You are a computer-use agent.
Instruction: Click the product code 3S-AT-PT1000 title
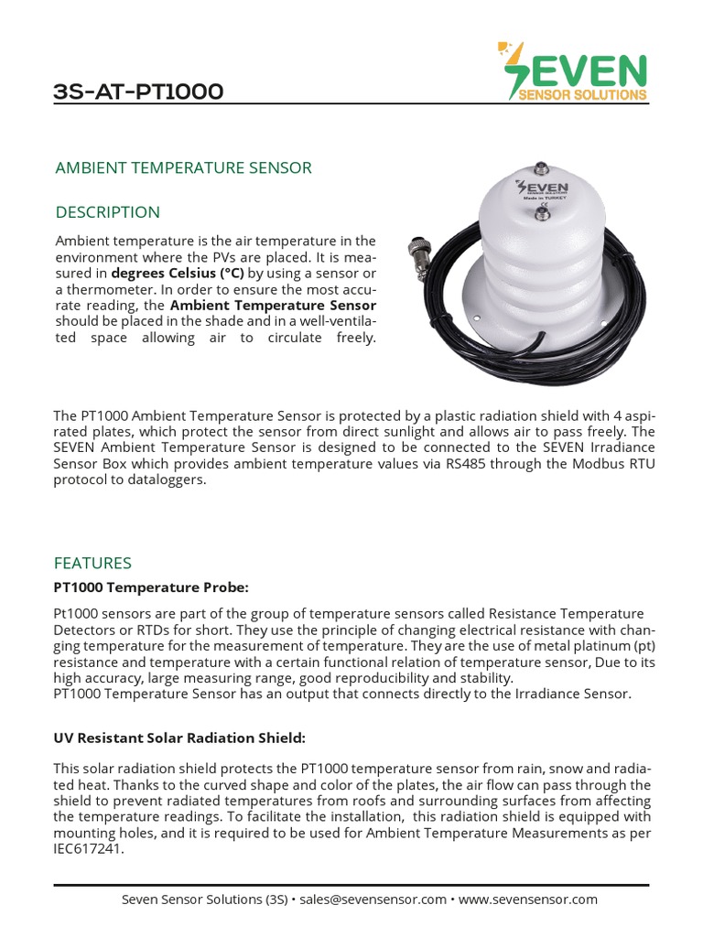pos(138,92)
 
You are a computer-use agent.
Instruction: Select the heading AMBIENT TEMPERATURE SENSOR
pos(184,167)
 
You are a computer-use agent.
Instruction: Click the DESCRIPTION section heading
pos(108,212)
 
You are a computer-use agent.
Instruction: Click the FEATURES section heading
pos(92,563)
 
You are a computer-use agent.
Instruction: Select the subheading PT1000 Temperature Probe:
pos(151,587)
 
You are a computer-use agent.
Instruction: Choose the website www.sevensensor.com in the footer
pos(528,899)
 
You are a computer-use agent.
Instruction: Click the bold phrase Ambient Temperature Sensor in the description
pos(273,305)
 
